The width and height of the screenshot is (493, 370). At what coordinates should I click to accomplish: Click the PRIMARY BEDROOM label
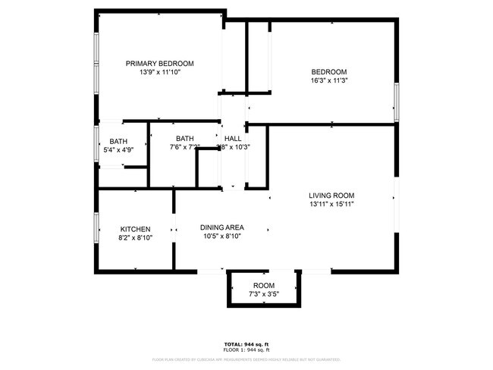(x=159, y=63)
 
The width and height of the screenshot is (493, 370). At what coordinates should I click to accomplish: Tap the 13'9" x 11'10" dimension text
(x=159, y=72)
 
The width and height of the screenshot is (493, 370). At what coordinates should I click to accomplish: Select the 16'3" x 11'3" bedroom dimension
(x=328, y=80)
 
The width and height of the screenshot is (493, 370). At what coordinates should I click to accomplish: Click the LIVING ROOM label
(x=331, y=195)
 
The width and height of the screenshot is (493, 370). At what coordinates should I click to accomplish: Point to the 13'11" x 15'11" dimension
(x=331, y=204)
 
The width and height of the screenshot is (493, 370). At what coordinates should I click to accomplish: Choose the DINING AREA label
(x=221, y=227)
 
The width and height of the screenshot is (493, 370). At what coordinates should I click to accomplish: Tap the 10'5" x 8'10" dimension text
(x=221, y=236)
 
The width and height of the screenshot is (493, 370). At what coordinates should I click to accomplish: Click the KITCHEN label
(x=136, y=229)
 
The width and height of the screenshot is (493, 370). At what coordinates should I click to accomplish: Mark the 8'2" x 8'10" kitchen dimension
(x=136, y=238)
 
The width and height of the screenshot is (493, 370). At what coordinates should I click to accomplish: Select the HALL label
(x=233, y=138)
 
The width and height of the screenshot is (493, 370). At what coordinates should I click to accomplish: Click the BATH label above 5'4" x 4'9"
(x=118, y=141)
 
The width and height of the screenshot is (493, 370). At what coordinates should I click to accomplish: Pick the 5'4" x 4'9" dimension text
(x=118, y=150)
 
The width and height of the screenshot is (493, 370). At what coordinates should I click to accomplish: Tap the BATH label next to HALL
(x=185, y=138)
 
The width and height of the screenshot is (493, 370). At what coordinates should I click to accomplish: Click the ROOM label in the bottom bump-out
(x=264, y=285)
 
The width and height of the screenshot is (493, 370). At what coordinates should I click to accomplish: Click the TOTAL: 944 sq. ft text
(x=246, y=343)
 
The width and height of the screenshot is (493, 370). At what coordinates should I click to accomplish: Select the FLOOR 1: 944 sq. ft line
(x=246, y=350)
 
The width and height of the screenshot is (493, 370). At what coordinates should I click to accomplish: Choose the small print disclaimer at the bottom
(x=246, y=359)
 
